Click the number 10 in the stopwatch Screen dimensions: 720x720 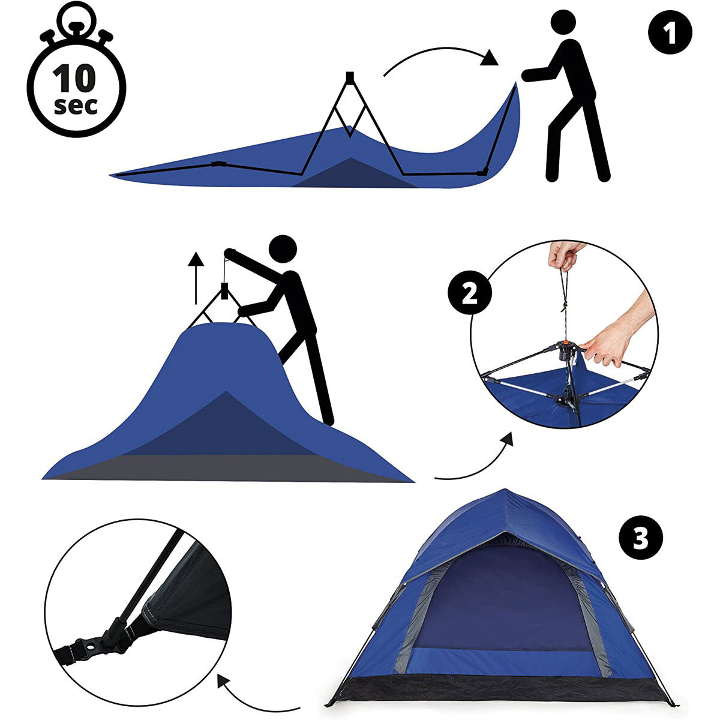(x=74, y=78)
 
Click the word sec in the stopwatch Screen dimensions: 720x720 (x=76, y=106)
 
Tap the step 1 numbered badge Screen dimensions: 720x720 (x=670, y=32)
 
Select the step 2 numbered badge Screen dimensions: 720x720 (x=470, y=292)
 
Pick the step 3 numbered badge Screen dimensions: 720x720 (x=640, y=538)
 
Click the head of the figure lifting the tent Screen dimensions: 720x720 (x=283, y=249)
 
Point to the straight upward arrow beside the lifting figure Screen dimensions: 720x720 (x=196, y=278)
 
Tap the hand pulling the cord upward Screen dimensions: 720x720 (x=565, y=255)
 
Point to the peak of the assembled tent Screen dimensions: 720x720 (x=505, y=490)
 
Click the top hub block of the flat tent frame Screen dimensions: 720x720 (x=350, y=77)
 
